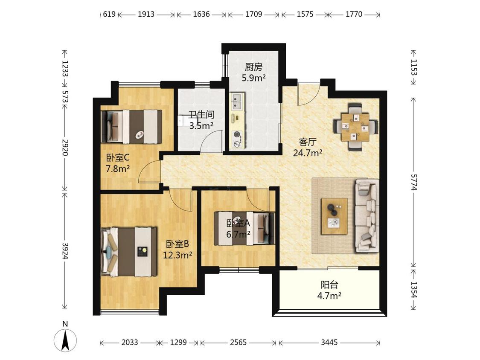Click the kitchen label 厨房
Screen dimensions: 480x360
(x=253, y=67)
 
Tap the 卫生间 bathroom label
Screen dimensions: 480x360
(x=201, y=114)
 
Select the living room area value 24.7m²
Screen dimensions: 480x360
(x=308, y=153)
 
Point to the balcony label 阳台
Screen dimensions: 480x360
(x=329, y=285)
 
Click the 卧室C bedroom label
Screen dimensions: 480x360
(x=118, y=158)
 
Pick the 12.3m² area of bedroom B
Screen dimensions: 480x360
(x=177, y=255)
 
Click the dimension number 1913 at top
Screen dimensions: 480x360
(x=146, y=14)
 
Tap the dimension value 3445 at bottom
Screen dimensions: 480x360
(x=329, y=342)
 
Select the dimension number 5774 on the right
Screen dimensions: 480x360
(x=414, y=182)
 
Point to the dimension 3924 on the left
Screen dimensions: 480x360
(x=65, y=251)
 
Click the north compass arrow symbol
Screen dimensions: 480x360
(x=65, y=340)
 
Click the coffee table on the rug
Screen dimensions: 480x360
(x=334, y=216)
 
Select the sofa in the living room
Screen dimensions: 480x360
(x=367, y=216)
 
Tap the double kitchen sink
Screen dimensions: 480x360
(x=238, y=102)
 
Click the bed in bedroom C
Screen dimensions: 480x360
(x=131, y=127)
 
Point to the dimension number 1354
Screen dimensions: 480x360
(x=414, y=290)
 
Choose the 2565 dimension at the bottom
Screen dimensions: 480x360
(x=238, y=342)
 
